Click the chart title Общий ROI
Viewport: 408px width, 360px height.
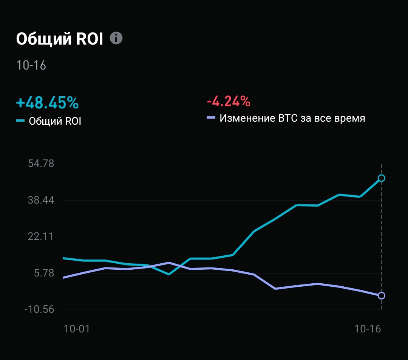(x=59, y=39)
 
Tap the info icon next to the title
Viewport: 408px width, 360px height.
(x=116, y=38)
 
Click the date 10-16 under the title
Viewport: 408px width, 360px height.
(x=31, y=65)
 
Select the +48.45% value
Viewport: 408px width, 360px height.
(x=47, y=102)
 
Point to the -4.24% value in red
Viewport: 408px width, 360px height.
(x=228, y=101)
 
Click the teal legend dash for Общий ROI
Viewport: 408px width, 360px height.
(x=20, y=121)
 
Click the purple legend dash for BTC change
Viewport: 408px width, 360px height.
(x=211, y=118)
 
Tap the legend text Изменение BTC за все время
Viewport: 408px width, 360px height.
(x=292, y=118)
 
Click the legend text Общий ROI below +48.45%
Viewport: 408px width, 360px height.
(x=55, y=121)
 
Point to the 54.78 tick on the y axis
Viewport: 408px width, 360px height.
(x=42, y=164)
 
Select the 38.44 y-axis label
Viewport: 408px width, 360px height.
(x=42, y=200)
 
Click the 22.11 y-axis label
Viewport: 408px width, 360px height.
(x=42, y=237)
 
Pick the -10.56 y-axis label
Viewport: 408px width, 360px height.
(x=40, y=310)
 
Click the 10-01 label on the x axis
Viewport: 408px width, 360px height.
(x=77, y=329)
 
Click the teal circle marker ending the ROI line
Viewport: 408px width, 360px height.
(x=382, y=178)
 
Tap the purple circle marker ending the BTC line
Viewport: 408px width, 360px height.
(x=382, y=295)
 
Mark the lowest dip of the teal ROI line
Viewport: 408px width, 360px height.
(x=169, y=274)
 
